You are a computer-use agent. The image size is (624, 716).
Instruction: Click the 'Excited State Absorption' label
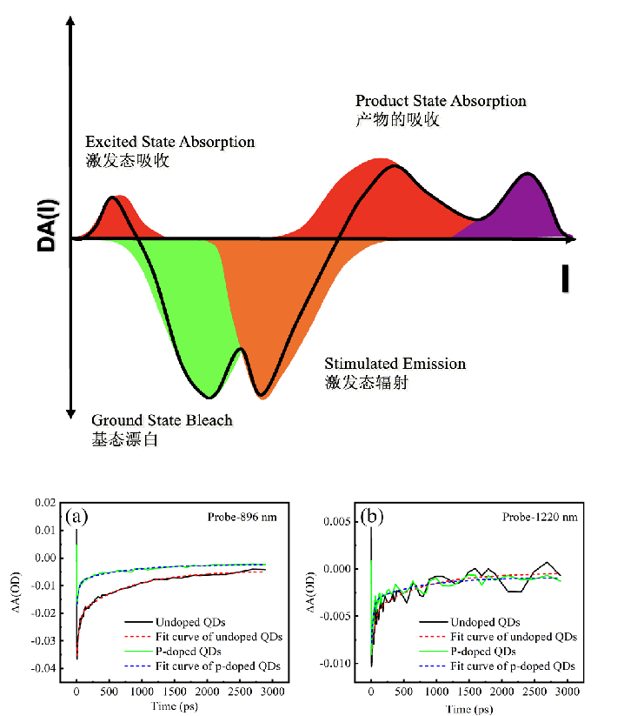(x=169, y=142)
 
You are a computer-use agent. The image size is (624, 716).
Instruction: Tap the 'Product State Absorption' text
(x=441, y=101)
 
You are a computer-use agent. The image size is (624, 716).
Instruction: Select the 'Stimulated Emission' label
(x=395, y=364)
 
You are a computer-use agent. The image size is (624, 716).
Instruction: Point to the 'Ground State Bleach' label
(x=162, y=420)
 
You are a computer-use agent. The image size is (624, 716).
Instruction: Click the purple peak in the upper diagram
(x=523, y=209)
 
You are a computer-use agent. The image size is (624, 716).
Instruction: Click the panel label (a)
(x=77, y=517)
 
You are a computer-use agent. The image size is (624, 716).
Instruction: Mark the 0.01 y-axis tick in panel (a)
(x=44, y=530)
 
